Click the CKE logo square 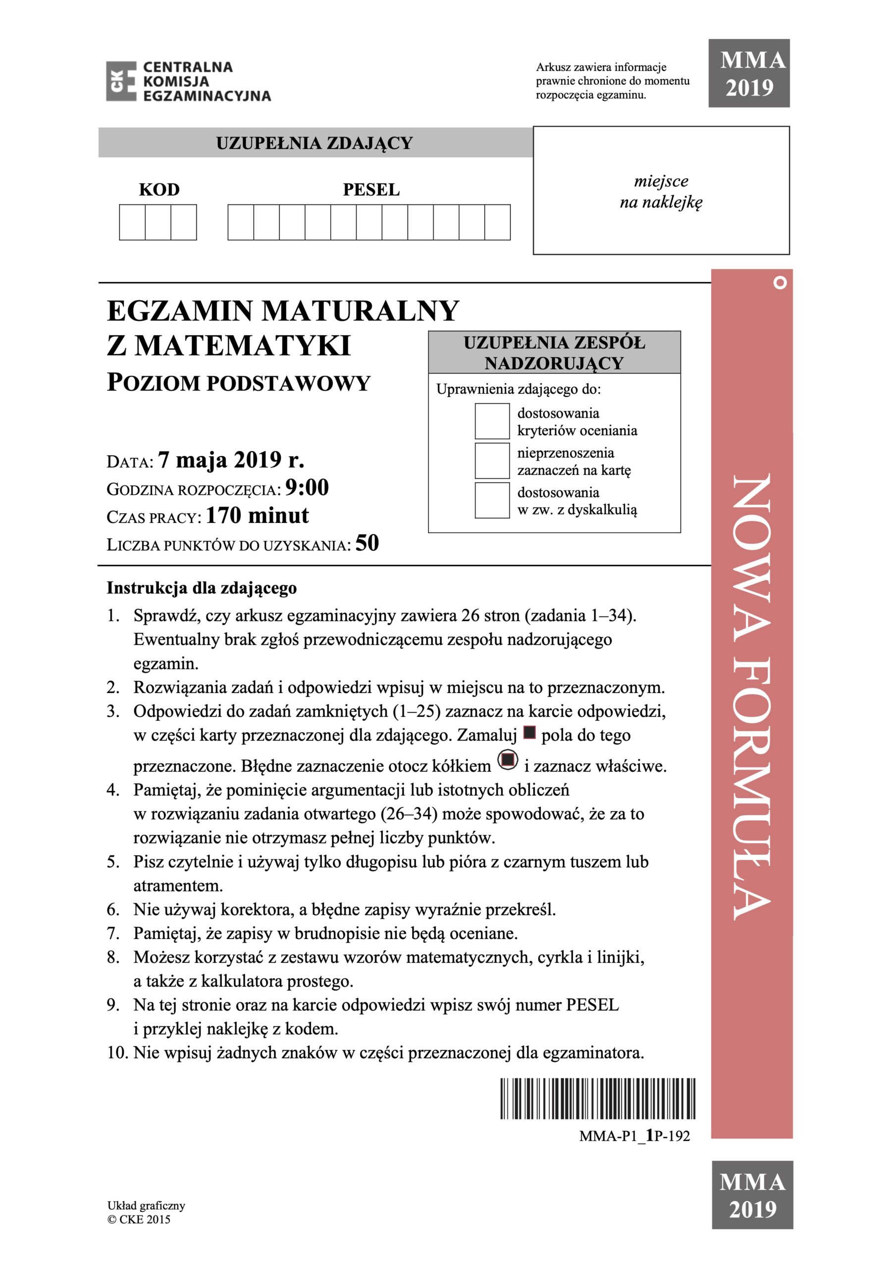pos(121,81)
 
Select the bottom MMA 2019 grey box pos(752,1195)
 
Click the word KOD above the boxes pos(159,190)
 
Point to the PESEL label pos(370,190)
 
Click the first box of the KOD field pos(133,222)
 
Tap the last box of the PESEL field pos(497,222)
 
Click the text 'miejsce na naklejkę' pos(661,192)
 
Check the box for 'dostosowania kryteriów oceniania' pos(492,422)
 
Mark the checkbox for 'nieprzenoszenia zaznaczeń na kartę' pos(492,461)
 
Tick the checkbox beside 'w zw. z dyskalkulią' pos(492,500)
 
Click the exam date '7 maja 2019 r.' pos(231,460)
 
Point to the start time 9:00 pos(307,488)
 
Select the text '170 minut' pos(257,516)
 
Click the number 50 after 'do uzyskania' pos(367,543)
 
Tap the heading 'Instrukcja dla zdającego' pos(202,588)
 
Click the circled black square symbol pos(508,760)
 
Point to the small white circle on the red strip pos(780,283)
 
